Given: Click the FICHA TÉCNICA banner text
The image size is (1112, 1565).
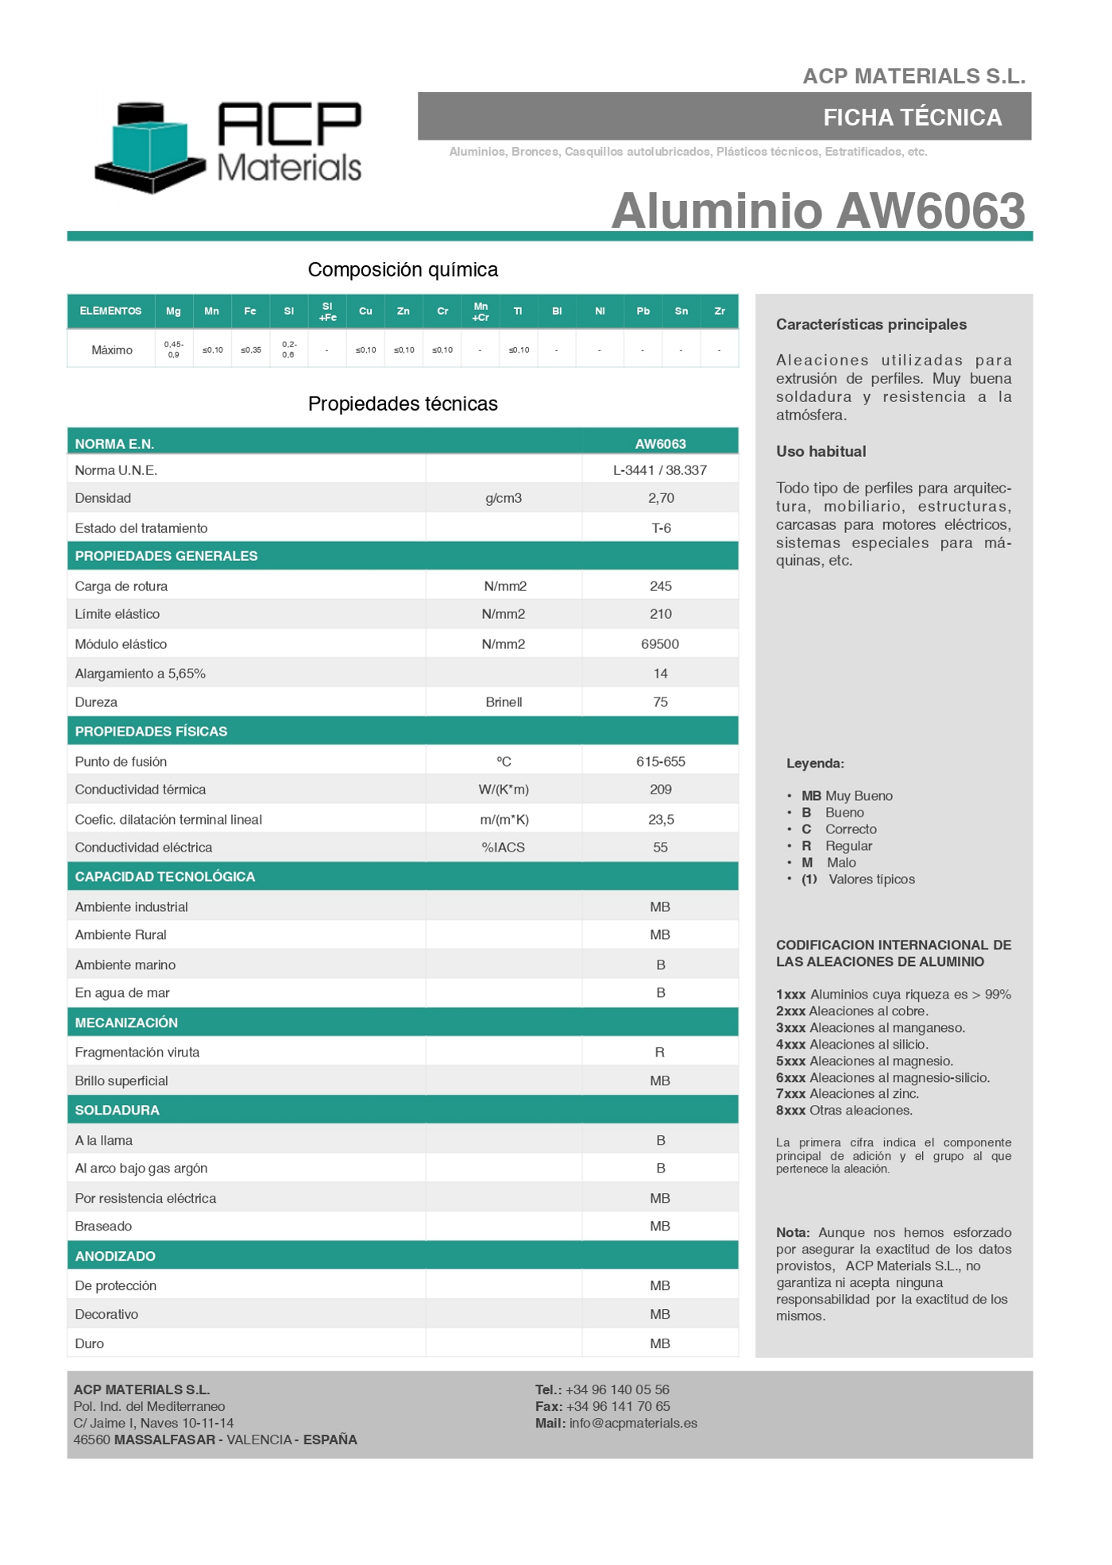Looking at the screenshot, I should pos(912,118).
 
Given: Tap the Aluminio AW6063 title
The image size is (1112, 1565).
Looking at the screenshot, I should pos(818,211).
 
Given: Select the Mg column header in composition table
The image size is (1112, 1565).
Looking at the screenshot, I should pos(173,311).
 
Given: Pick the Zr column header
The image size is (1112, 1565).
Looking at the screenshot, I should pos(720,311).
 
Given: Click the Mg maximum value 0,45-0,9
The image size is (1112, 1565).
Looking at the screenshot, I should pos(173,350).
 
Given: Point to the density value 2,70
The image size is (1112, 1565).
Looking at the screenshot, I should pos(661,498).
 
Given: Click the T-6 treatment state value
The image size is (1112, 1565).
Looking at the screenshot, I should pos(661,528).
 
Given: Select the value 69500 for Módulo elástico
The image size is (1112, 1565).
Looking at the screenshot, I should pos(660,644).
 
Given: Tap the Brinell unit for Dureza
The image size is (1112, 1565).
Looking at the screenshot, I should pos(504,702).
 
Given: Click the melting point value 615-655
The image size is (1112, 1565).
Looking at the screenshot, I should pos(661,762).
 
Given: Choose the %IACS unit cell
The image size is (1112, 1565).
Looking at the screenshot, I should pos(504,848).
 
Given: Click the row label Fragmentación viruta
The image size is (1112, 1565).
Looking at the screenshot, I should pos(137,1053).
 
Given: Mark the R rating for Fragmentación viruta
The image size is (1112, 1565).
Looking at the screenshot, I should pos(660,1053).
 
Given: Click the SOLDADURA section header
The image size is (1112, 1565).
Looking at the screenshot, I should pos(118,1111).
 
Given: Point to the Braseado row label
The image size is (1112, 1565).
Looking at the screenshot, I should pos(103,1227).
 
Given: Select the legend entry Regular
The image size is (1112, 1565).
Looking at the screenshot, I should pos(848,846).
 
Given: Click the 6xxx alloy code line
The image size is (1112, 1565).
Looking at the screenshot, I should pos(882,1078).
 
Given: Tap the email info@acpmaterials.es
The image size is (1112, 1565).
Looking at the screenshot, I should pos(633,1424).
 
